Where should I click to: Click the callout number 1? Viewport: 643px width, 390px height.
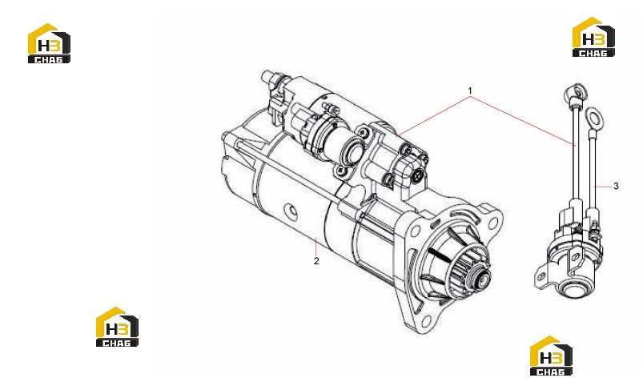[470, 90]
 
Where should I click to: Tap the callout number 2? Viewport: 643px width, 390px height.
[316, 261]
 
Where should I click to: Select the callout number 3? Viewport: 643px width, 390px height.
[616, 186]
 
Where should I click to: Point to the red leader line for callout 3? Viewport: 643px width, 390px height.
[603, 187]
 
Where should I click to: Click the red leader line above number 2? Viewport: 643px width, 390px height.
[316, 246]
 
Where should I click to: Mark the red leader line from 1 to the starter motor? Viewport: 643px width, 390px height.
[434, 116]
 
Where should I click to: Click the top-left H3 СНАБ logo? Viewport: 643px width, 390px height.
[49, 43]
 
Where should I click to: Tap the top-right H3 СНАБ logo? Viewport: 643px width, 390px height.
[593, 37]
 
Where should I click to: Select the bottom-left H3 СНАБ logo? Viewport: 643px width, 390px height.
[117, 327]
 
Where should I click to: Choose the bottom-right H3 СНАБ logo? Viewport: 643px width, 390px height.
[551, 356]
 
